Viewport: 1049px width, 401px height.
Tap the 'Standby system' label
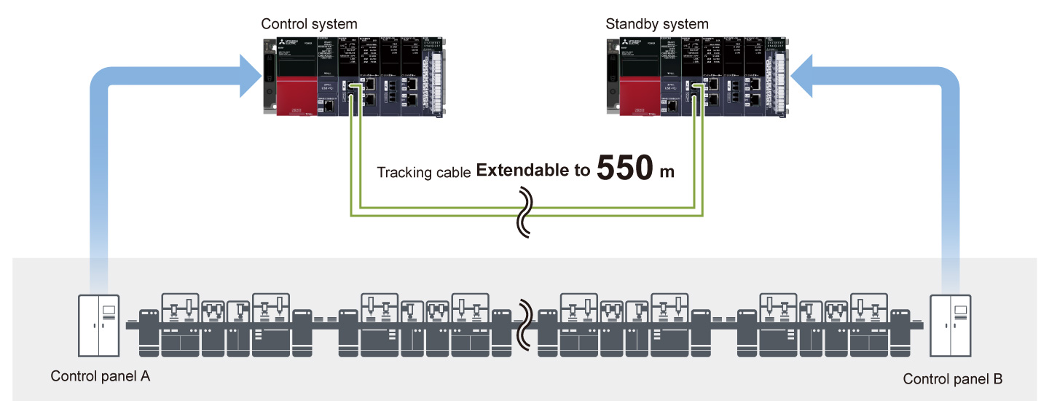pyautogui.click(x=656, y=24)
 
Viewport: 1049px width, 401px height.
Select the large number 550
pyautogui.click(x=626, y=168)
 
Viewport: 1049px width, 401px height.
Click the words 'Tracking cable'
pyautogui.click(x=423, y=173)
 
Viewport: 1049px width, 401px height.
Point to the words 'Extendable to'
pyautogui.click(x=533, y=171)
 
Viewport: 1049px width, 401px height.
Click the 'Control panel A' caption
pyautogui.click(x=100, y=377)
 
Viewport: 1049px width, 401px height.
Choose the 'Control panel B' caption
pyautogui.click(x=953, y=379)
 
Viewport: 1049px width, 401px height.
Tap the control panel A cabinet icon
pyautogui.click(x=99, y=324)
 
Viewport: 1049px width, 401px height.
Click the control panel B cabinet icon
pyautogui.click(x=951, y=324)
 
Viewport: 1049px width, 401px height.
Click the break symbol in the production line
pyautogui.click(x=524, y=325)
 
